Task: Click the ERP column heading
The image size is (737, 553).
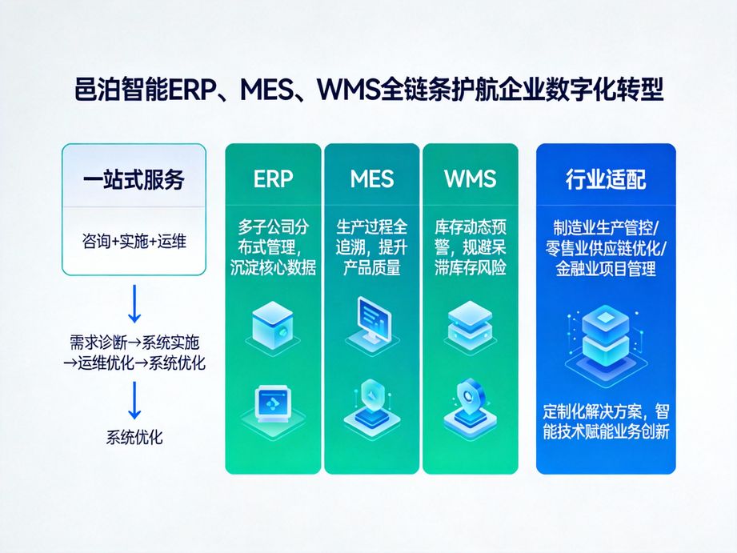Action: (273, 178)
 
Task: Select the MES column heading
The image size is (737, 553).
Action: (371, 178)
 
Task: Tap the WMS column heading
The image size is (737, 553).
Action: (470, 178)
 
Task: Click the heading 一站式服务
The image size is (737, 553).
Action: (134, 178)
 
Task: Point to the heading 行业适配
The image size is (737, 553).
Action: (606, 179)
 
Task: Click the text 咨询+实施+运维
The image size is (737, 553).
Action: (134, 240)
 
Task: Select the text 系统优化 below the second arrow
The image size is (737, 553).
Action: (134, 438)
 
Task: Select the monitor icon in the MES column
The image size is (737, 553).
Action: (371, 319)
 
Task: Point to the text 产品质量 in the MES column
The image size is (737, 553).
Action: (371, 268)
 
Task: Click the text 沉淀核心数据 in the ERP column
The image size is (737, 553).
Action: (273, 268)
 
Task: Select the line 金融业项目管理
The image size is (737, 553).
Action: (606, 268)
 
